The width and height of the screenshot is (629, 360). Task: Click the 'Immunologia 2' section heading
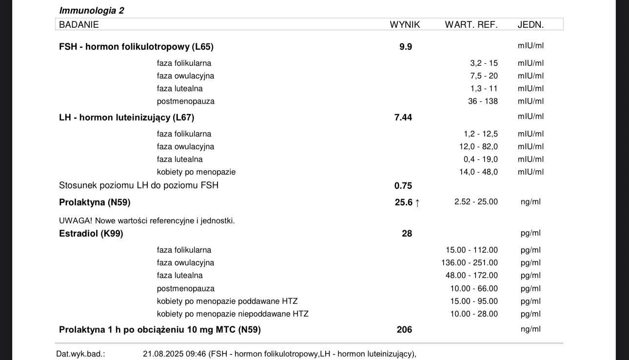point(91,10)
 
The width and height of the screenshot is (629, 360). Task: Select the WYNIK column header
point(405,24)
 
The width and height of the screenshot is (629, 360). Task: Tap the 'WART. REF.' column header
point(471,24)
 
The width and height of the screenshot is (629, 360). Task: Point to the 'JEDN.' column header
point(531,24)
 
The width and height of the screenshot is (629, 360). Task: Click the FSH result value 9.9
point(406,47)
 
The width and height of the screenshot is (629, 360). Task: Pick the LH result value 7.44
point(403,118)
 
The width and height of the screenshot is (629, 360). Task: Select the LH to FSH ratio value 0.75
point(403,186)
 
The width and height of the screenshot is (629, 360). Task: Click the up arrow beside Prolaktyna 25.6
point(417,203)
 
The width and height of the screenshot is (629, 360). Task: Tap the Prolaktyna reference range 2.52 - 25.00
point(476,202)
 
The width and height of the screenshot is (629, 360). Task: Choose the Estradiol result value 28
point(407,234)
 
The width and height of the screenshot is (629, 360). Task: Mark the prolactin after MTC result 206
point(404,330)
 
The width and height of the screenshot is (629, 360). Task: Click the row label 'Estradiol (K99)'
point(91,234)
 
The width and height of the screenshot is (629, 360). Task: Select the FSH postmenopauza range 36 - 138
point(483,101)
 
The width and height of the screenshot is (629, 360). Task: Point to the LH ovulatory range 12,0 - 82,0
point(478,147)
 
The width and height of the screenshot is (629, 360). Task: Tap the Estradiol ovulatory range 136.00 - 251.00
point(470,263)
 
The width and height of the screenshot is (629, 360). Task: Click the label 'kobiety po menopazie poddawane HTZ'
point(227,301)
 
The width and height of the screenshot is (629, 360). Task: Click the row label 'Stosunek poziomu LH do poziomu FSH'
point(138,185)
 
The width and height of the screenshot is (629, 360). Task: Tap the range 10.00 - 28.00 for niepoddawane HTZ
point(474,314)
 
